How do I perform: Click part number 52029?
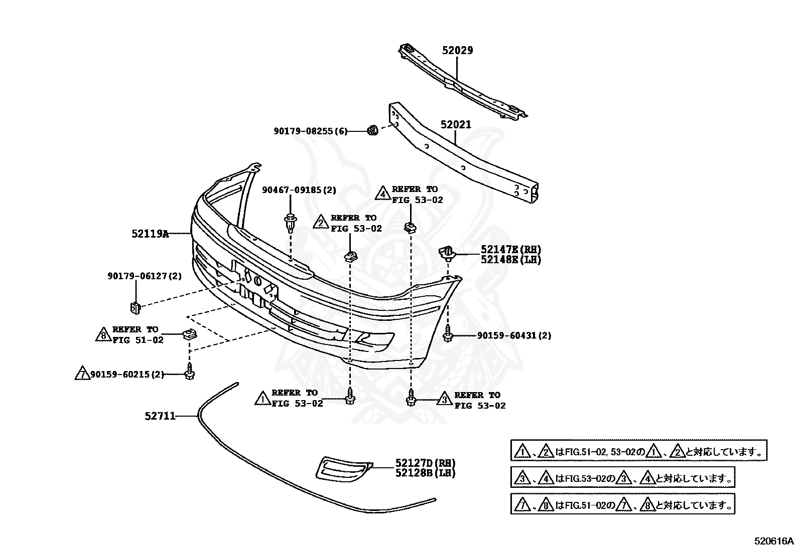click(457, 50)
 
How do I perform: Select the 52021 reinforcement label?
click(456, 124)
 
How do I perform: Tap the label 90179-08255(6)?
click(310, 131)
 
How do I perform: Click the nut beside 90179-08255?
click(372, 131)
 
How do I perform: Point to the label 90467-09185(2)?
click(299, 190)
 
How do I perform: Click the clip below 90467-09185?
click(291, 223)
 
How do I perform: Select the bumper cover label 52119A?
click(150, 233)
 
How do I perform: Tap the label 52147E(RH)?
click(511, 249)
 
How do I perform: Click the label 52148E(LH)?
click(511, 260)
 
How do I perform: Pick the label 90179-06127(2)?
click(145, 276)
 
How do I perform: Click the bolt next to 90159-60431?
click(447, 335)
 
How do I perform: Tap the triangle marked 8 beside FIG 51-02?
click(103, 335)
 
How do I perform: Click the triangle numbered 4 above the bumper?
click(383, 194)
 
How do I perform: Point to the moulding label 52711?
click(160, 416)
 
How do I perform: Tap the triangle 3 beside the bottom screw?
click(444, 400)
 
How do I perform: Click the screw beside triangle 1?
click(349, 398)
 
